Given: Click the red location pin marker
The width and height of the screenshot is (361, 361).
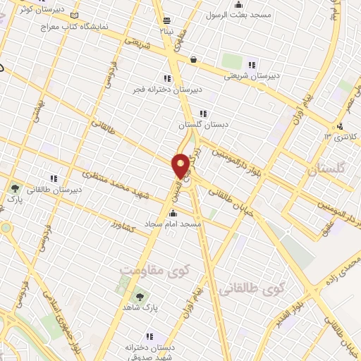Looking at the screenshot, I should (181, 166).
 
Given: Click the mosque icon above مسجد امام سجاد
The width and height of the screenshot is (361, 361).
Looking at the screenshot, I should (173, 213).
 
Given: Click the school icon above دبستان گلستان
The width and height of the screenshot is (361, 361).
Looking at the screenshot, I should (204, 113).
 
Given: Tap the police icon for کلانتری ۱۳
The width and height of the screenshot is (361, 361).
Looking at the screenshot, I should (341, 127).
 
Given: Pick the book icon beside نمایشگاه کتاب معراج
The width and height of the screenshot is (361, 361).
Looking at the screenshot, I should (75, 15).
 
